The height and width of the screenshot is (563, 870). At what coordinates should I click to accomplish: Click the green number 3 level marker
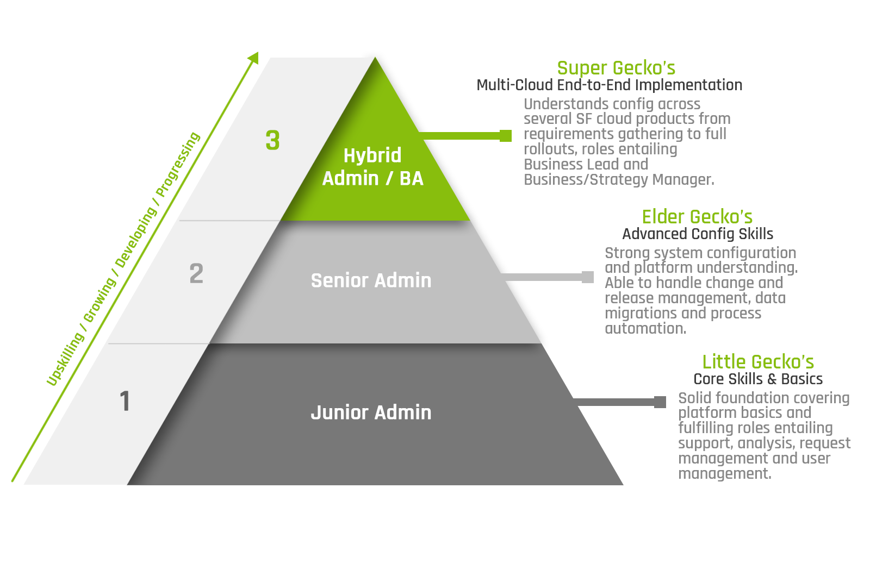272,140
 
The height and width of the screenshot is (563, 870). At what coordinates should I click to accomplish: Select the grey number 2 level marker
196,273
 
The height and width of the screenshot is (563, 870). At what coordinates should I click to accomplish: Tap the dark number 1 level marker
125,402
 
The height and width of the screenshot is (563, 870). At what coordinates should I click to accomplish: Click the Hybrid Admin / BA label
372,167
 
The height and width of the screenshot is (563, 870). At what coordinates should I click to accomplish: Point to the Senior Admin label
371,280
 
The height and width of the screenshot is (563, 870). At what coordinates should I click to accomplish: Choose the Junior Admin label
371,412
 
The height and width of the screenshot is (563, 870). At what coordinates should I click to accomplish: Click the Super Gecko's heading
616,68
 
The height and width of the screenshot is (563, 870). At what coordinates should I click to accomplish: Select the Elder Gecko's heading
697,217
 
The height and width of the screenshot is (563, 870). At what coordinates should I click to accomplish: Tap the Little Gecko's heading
758,362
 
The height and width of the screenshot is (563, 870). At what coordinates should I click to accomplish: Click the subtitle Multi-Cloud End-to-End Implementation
609,85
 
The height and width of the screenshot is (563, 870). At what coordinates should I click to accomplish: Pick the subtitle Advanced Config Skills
698,234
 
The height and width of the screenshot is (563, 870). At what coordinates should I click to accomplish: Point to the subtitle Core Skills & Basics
758,379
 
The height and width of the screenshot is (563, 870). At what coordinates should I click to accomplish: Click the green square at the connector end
506,136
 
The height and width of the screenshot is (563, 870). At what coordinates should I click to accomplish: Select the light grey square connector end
588,277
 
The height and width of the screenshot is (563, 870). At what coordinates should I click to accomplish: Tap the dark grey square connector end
660,402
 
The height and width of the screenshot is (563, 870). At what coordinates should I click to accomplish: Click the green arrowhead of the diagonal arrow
254,58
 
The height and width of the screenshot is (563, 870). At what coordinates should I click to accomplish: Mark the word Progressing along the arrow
178,164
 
